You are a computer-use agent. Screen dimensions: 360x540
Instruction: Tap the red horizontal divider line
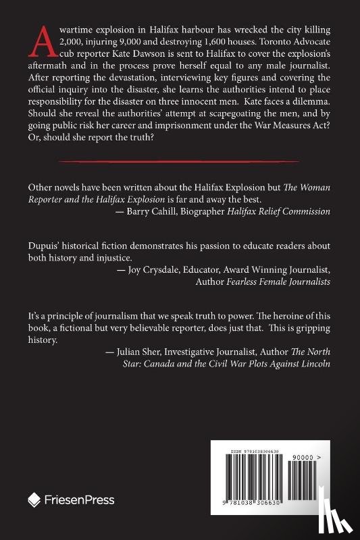pos(179,161)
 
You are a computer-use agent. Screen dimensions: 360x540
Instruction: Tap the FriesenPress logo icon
pos(34,500)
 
